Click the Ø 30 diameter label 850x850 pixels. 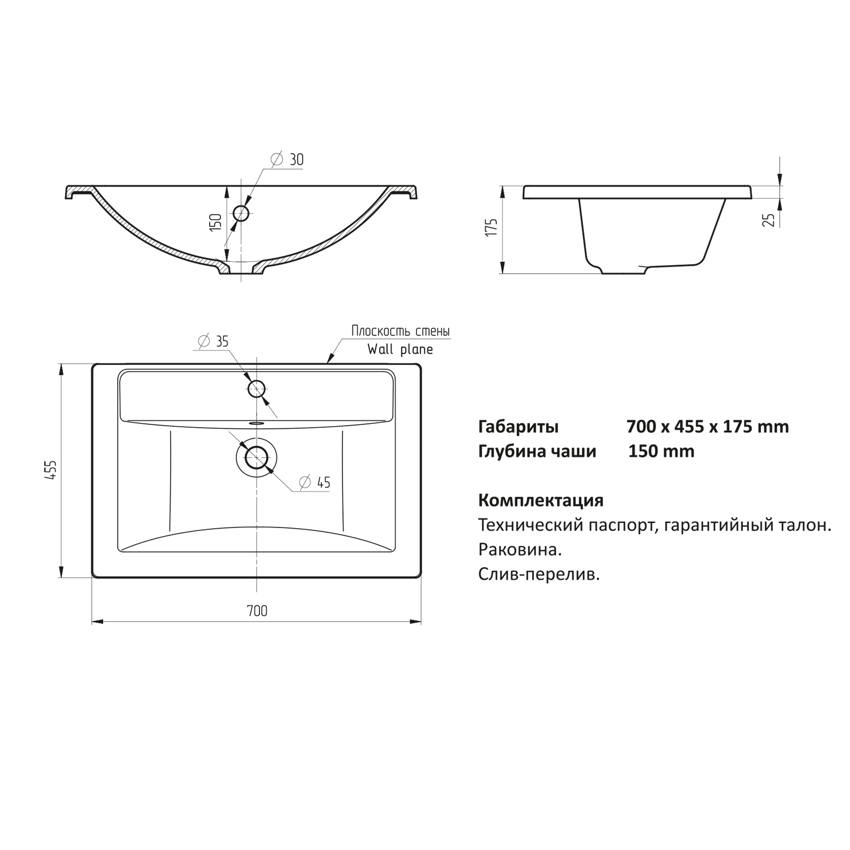tap(287, 160)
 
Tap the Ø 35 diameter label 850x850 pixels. tap(213, 341)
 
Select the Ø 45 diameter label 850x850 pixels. tap(314, 482)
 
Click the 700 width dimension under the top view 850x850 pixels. tap(257, 610)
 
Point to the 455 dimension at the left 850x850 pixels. tap(50, 470)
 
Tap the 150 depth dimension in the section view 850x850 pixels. tap(215, 222)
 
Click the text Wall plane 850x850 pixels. tap(400, 349)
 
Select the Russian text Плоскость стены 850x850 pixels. tap(401, 330)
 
